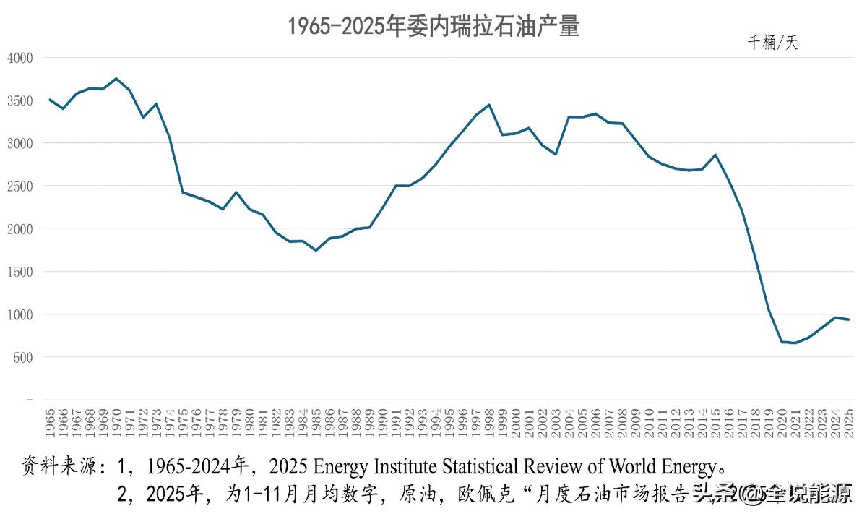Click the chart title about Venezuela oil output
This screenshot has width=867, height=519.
point(433,27)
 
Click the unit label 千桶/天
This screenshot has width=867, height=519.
point(772,43)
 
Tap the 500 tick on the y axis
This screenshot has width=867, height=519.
point(23,357)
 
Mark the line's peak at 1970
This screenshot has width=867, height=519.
point(116,79)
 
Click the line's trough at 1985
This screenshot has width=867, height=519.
point(316,250)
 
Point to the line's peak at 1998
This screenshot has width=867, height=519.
point(489,105)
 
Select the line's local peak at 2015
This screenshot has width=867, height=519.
point(715,155)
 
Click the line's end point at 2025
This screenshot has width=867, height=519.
point(848,319)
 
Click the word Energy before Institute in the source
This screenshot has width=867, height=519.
point(321,463)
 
